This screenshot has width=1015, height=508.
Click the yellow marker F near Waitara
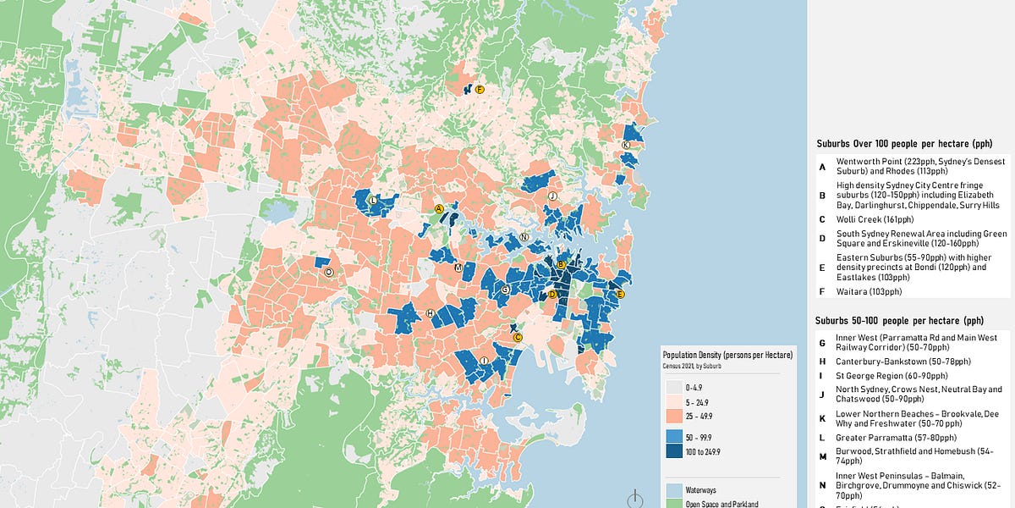(479, 89)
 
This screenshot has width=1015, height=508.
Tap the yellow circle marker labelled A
(439, 208)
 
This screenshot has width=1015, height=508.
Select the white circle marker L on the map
(373, 201)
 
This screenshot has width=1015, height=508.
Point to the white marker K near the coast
(625, 146)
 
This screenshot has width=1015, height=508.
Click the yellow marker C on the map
(518, 337)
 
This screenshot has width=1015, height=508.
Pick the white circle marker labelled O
(329, 273)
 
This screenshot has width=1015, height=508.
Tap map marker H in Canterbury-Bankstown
(430, 313)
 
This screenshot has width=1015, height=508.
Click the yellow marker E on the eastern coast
(620, 294)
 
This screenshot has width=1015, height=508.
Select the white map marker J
(552, 196)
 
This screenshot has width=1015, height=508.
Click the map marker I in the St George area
(483, 361)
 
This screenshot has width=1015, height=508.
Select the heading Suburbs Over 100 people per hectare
(903, 144)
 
